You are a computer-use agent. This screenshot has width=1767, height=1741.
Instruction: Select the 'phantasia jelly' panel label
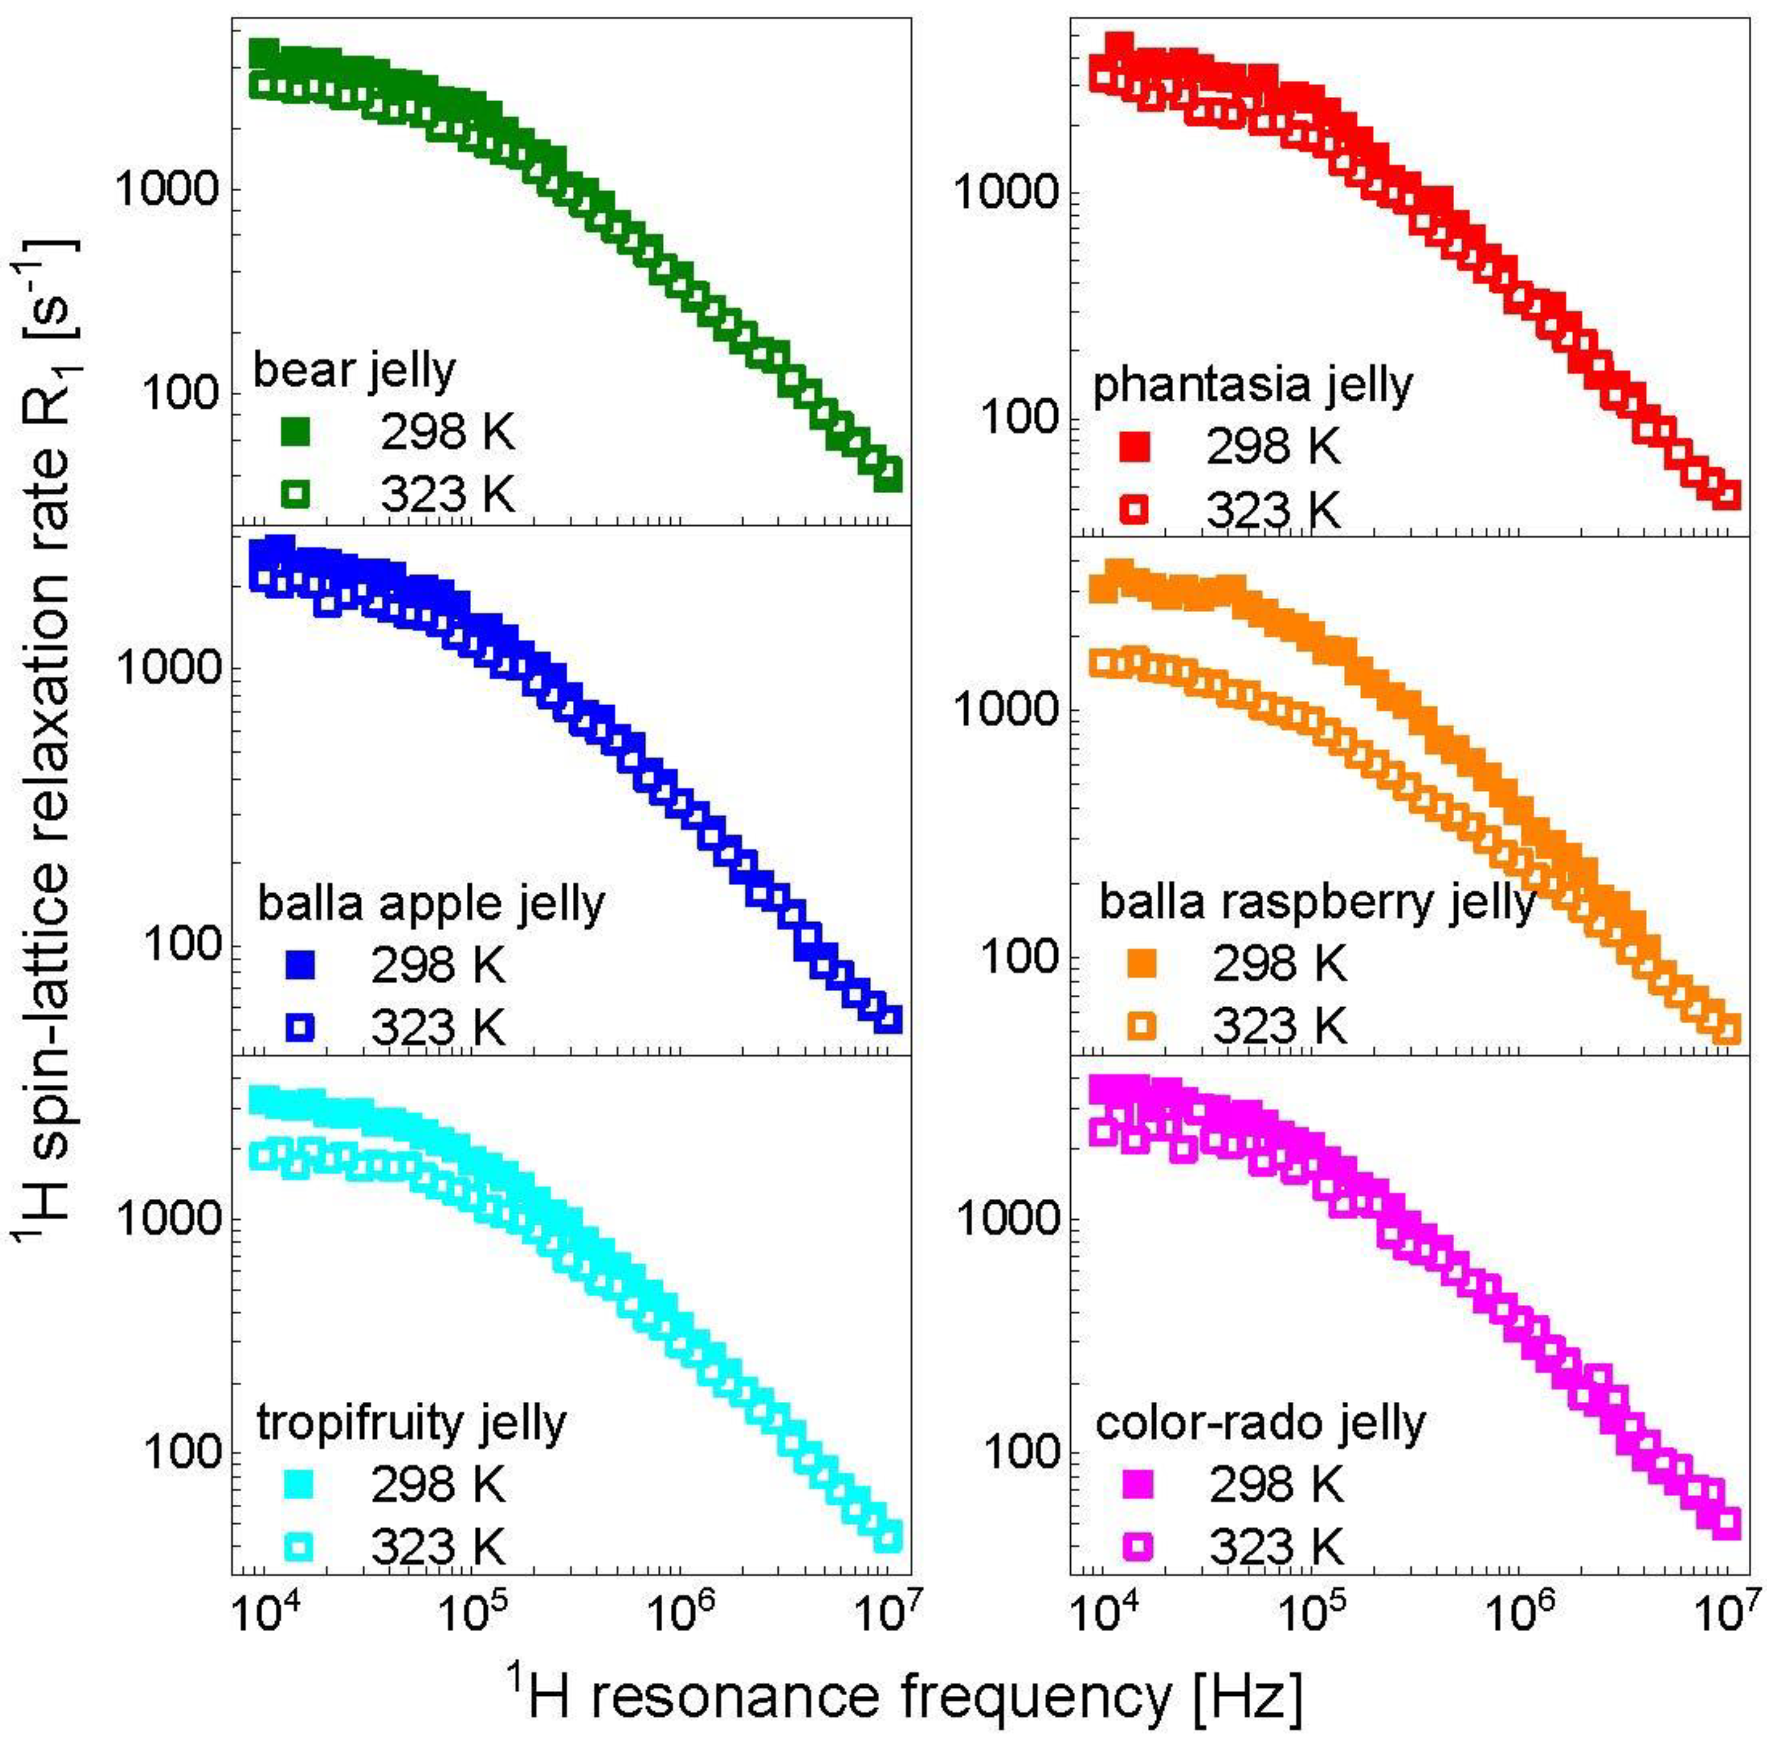[1253, 386]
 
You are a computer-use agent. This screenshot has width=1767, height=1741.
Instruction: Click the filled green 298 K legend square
[296, 432]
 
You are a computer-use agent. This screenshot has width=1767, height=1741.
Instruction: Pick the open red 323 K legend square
[1134, 509]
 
